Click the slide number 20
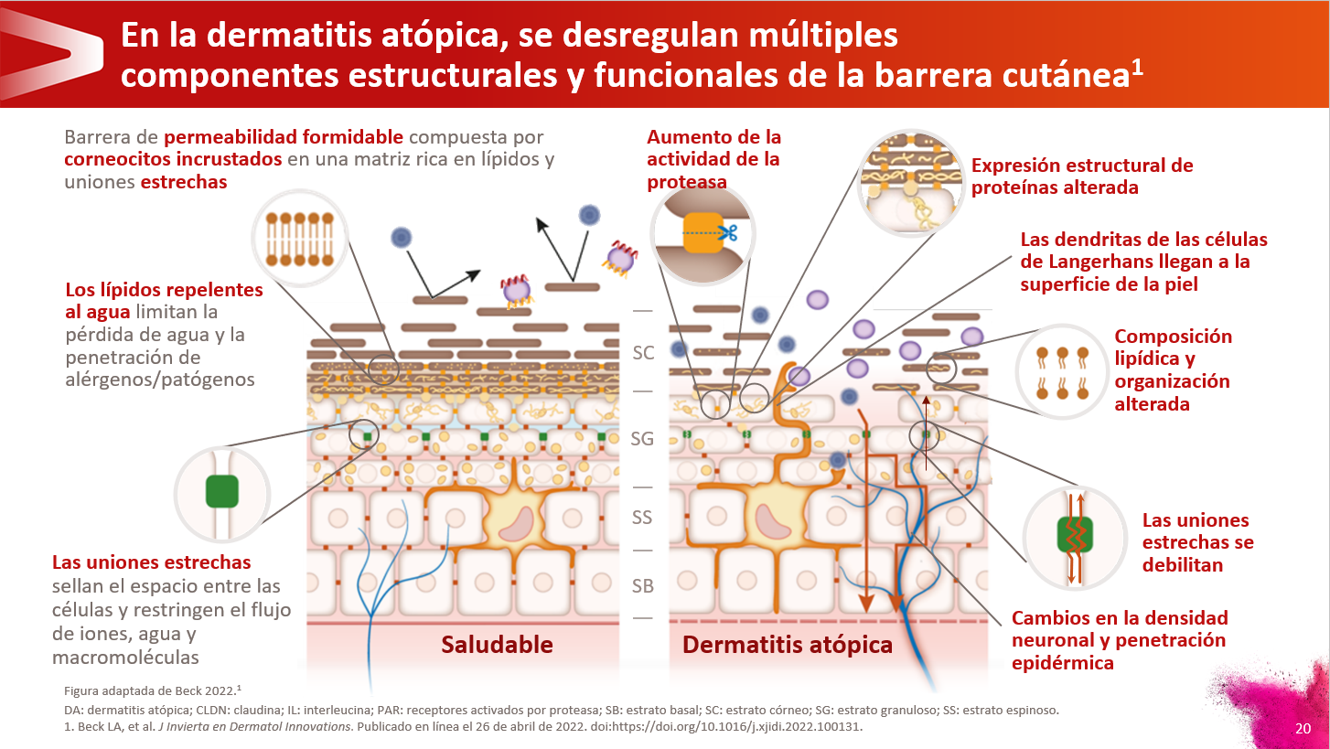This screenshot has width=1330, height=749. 1303,729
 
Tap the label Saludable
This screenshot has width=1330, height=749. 497,645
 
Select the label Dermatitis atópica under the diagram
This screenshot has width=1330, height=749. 787,645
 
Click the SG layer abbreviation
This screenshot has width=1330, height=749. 642,439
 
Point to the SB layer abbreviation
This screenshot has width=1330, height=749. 642,586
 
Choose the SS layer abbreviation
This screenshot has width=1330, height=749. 642,518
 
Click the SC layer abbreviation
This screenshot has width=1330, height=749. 643,352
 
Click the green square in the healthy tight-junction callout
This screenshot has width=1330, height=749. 222,491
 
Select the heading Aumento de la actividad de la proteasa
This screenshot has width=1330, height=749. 713,159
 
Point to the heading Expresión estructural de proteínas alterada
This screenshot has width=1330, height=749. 1081,177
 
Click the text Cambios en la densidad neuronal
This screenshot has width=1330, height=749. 1120,618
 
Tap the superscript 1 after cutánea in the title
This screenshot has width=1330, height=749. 1137,68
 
